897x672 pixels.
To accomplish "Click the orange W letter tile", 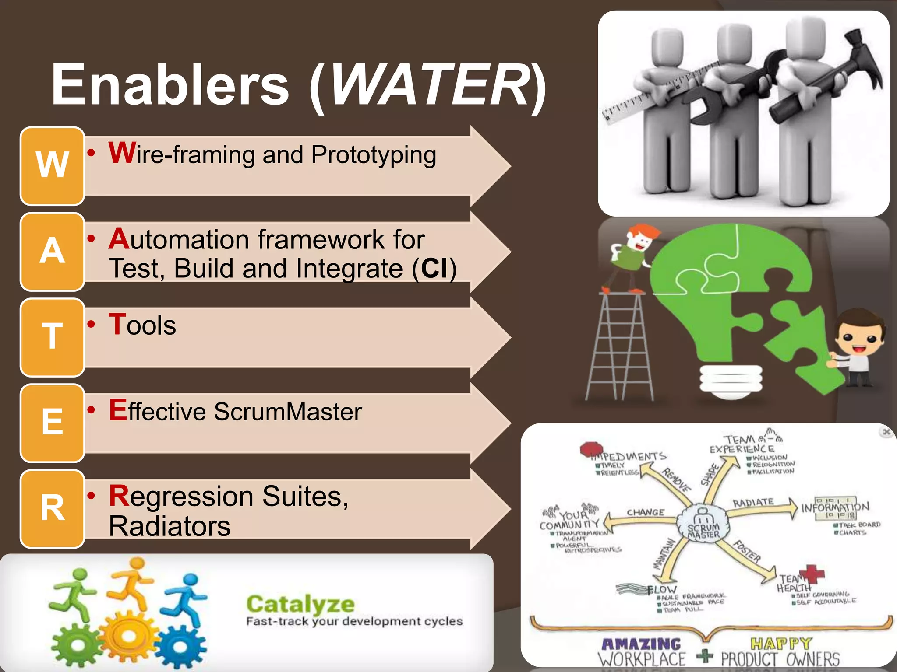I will click(x=52, y=166).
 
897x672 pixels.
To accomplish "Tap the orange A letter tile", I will click(x=52, y=252).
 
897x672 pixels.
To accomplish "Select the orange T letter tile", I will click(x=52, y=337).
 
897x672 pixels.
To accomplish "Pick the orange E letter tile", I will click(x=52, y=423).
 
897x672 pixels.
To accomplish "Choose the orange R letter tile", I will click(x=52, y=509).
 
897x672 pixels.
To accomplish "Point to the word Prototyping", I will click(x=374, y=155).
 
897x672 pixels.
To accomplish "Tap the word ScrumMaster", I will click(x=288, y=412).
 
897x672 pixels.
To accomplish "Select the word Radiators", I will click(x=170, y=526).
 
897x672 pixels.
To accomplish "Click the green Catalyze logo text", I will click(x=300, y=604).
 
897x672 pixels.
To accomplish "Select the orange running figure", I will click(x=131, y=584).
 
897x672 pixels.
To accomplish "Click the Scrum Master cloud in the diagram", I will click(x=703, y=525).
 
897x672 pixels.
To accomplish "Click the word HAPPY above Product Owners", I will click(x=781, y=643).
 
